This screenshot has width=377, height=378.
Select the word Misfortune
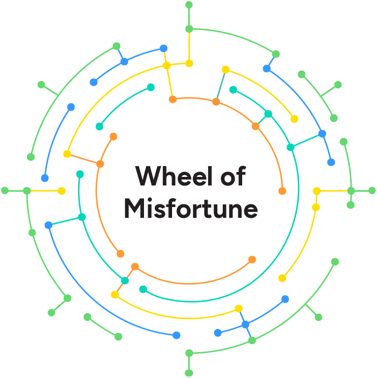pyautogui.click(x=190, y=209)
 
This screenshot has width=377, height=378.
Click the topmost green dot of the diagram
pyautogui.click(x=189, y=5)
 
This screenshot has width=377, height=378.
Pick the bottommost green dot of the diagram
pyautogui.click(x=189, y=373)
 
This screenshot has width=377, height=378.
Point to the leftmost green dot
pyautogui.click(x=5, y=190)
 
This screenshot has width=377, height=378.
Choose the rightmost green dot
pyautogui.click(x=372, y=190)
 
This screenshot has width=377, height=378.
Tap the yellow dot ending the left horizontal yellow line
pyautogui.click(x=61, y=191)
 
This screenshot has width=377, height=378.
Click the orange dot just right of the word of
pyautogui.click(x=282, y=191)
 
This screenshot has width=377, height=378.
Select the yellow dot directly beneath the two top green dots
pyautogui.click(x=189, y=64)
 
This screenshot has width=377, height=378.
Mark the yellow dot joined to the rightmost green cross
pyautogui.click(x=317, y=191)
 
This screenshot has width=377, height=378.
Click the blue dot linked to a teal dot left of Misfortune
pyautogui.click(x=49, y=225)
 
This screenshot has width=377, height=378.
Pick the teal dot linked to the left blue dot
pyautogui.click(x=81, y=217)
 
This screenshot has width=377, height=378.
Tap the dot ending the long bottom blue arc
pyautogui.click(x=176, y=335)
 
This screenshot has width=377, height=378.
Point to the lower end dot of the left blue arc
pyautogui.click(x=45, y=178)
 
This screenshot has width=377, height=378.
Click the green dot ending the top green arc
pyautogui.click(x=276, y=54)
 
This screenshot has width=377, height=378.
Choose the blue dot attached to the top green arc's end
pyautogui.click(x=266, y=68)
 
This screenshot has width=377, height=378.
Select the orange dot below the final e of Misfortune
pyautogui.click(x=252, y=259)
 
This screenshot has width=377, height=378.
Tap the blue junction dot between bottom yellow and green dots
pyautogui.click(x=245, y=324)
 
